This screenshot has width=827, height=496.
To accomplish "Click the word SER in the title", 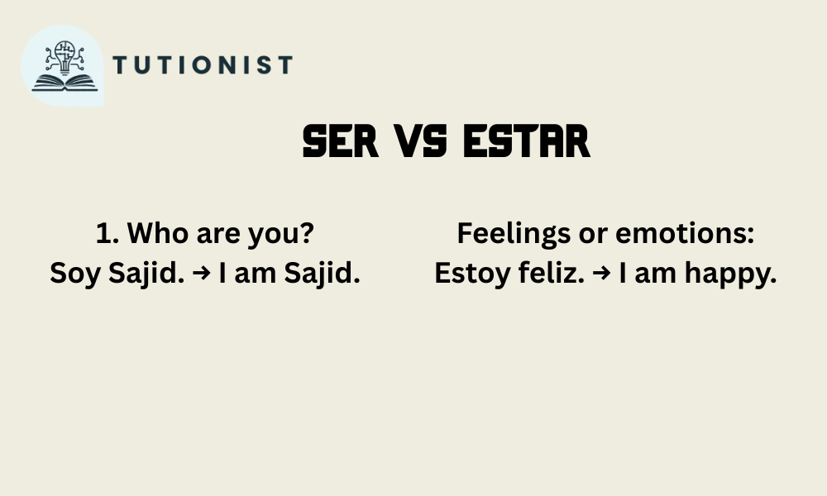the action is click(341, 141).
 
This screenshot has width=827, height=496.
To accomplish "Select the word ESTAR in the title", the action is click(526, 141).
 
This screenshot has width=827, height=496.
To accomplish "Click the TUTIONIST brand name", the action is click(203, 64).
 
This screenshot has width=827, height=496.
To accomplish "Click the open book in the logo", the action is click(65, 83).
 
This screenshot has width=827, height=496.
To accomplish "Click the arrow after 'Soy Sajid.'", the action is click(202, 273).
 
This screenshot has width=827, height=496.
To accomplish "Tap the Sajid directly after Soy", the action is click(146, 274).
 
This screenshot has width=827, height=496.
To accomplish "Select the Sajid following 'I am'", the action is click(322, 274).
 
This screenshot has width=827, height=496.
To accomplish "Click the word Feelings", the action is click(514, 234).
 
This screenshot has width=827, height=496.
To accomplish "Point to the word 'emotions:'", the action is click(685, 233).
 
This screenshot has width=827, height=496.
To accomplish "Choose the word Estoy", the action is click(472, 274).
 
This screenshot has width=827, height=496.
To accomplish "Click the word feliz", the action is click(551, 273).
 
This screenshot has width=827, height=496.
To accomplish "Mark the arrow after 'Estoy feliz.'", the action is click(601, 273).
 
